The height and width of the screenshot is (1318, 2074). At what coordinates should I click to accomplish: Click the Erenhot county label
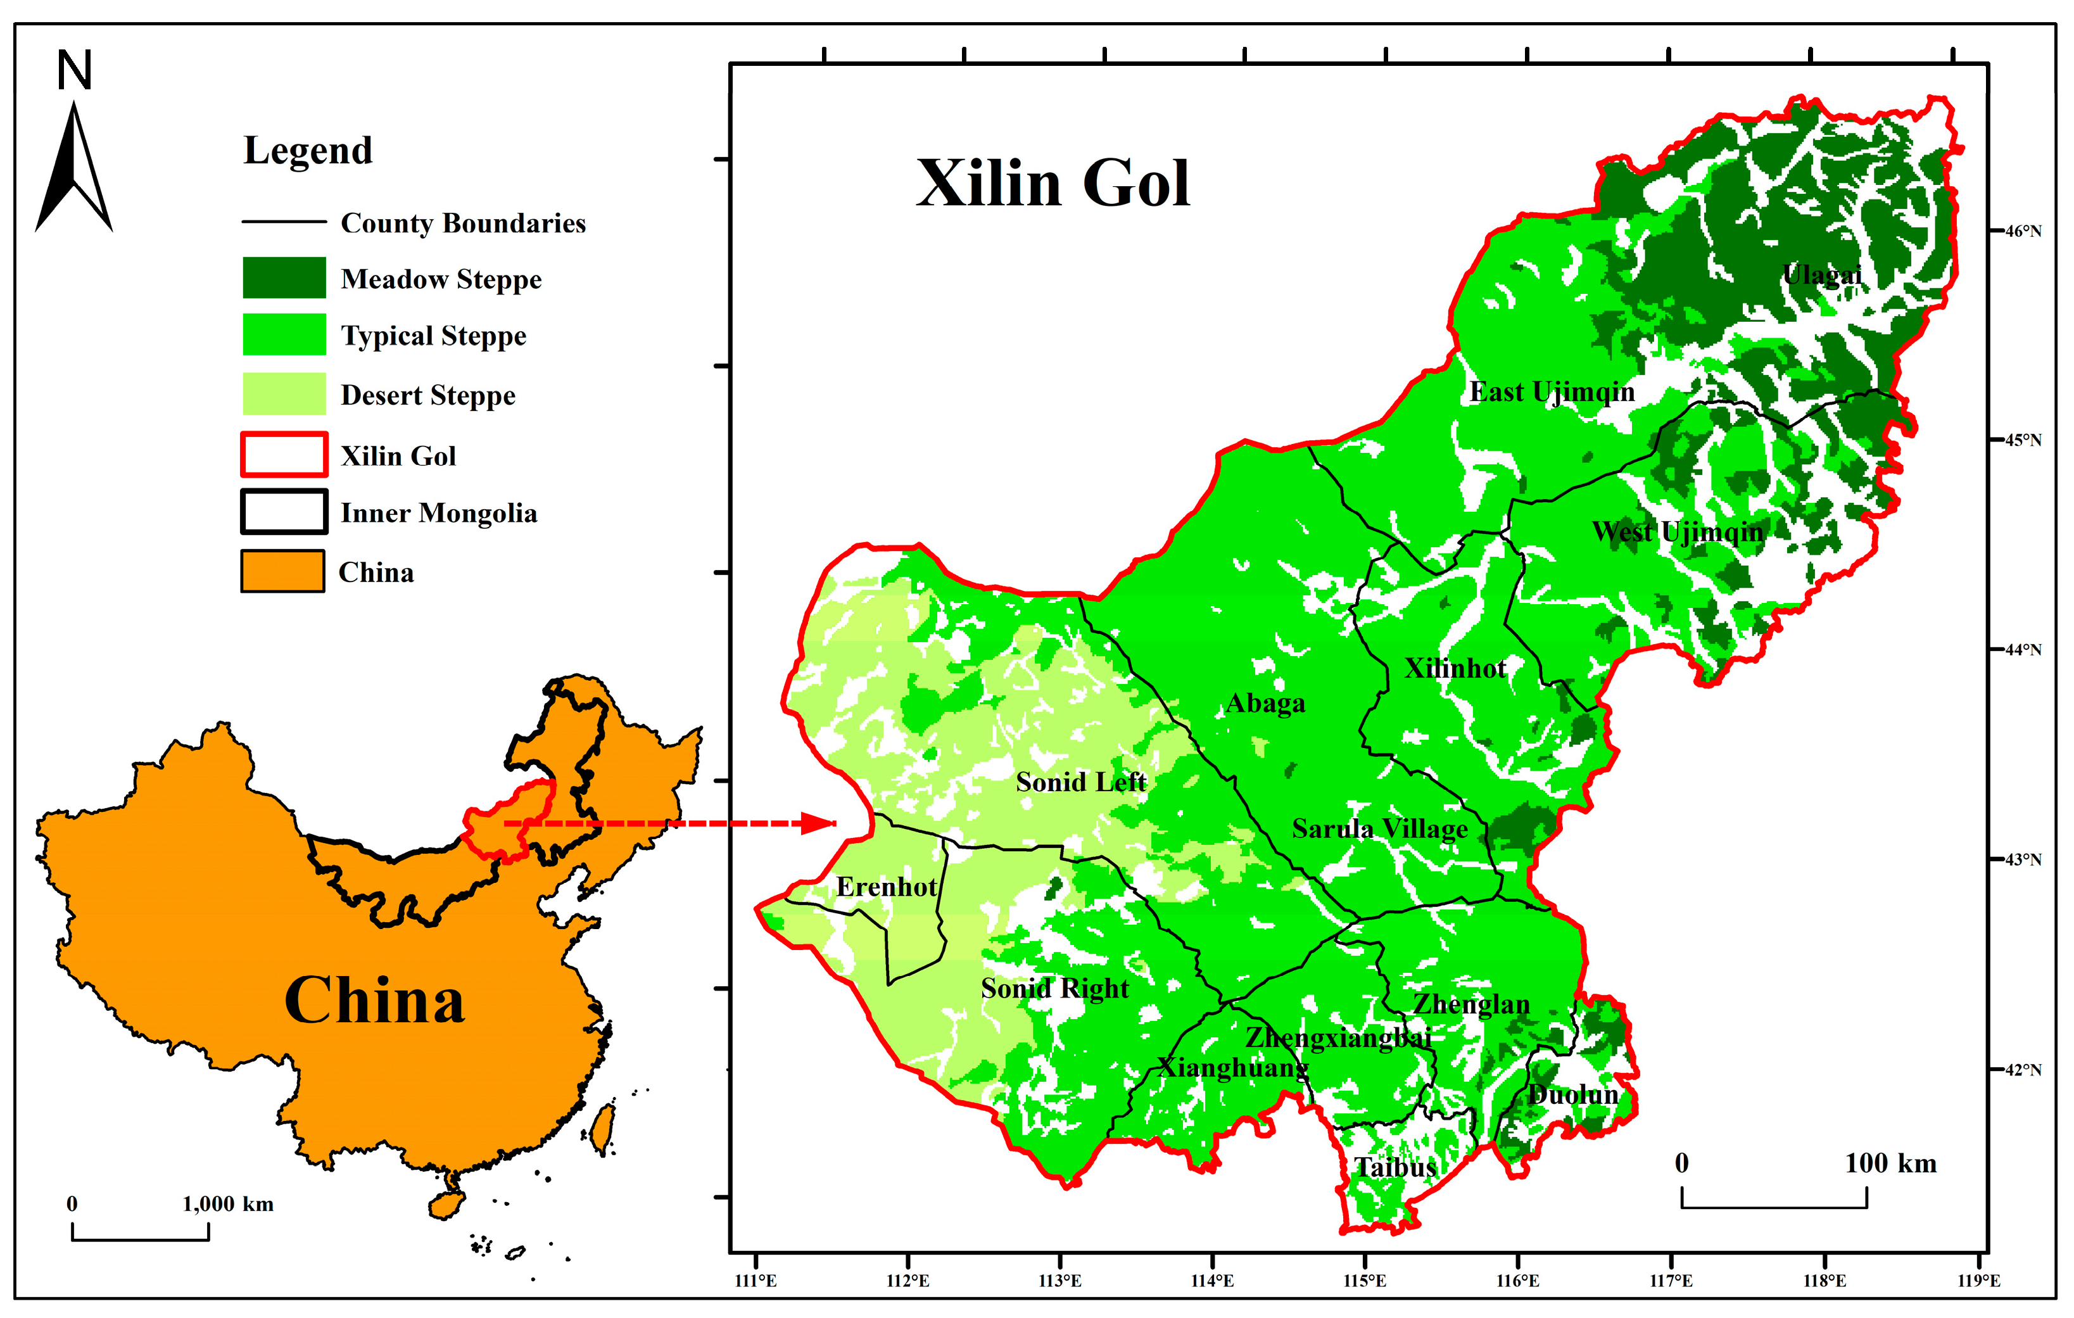886,887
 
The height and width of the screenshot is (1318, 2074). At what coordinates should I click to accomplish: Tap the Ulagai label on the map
1823,275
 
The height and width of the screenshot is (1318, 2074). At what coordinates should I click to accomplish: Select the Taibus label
1395,1167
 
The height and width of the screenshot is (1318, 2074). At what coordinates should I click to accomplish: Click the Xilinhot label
1455,668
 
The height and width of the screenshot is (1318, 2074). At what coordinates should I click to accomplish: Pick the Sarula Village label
1380,828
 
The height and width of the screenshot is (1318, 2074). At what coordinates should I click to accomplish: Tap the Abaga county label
1265,703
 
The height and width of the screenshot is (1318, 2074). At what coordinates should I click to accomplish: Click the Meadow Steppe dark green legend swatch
284,277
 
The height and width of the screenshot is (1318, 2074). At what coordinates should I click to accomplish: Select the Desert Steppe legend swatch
284,394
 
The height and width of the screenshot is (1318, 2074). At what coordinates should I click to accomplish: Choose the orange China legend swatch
282,571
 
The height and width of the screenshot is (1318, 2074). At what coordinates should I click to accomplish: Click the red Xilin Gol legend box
284,454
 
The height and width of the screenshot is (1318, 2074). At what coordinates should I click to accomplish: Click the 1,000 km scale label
228,1203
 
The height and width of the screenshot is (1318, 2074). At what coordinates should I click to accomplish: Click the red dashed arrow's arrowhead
818,823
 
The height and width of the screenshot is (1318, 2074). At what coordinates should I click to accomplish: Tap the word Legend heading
308,150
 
